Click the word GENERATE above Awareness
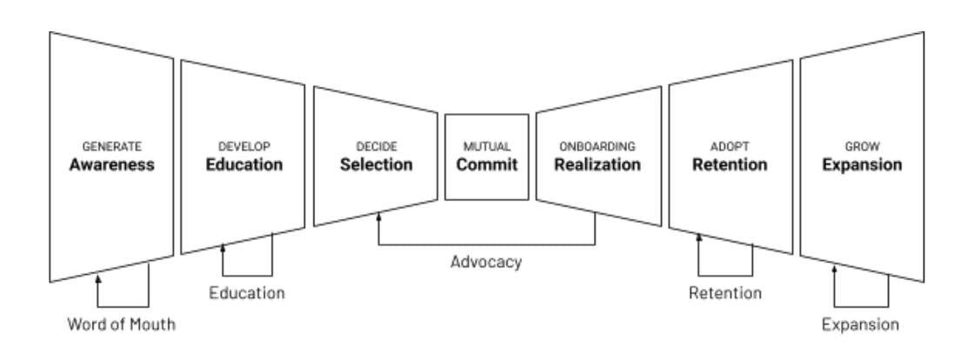111,147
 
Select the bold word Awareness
111,164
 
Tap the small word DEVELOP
243,147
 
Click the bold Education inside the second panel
243,164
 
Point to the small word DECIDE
376,147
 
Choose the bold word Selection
376,164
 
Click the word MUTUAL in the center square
486,147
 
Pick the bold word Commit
486,164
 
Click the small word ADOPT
730,147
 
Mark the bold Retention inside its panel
730,164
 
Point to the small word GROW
863,147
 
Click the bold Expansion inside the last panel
863,164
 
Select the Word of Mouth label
123,326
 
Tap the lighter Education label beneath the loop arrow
247,293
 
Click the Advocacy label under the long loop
486,262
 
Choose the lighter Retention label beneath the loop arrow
724,293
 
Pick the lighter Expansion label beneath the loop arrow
861,326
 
